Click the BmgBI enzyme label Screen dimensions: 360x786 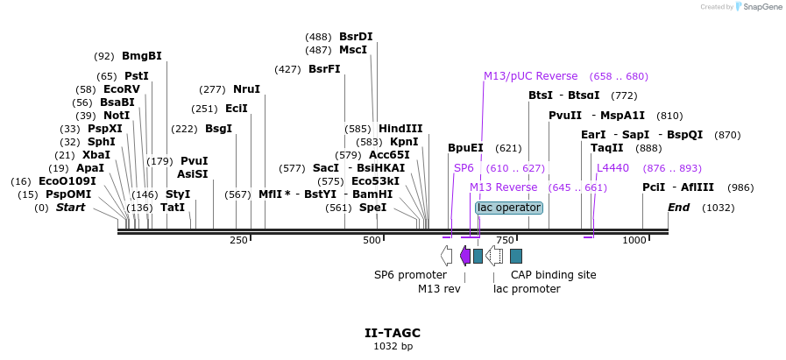141,56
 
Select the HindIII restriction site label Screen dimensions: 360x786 400,129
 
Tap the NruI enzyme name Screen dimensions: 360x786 246,89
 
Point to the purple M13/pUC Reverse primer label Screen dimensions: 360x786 530,76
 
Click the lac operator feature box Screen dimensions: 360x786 509,208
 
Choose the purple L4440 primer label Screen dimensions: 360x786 613,168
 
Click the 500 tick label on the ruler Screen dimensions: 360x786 372,240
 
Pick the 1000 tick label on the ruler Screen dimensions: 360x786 634,240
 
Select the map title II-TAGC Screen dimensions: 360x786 393,333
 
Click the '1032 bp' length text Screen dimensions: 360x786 393,347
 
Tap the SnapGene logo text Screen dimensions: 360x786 760,7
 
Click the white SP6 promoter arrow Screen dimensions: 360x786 447,256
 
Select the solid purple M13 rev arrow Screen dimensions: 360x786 465,256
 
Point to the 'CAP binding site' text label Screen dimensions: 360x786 553,275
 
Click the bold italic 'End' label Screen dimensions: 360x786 679,208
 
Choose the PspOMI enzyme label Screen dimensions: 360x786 68,194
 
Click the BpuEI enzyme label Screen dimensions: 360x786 465,148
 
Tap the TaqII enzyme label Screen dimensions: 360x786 606,148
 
